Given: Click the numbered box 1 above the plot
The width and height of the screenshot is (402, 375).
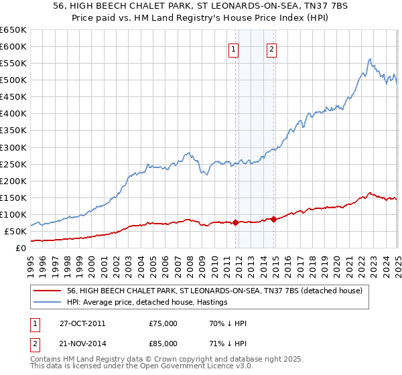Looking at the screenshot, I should [x=233, y=48].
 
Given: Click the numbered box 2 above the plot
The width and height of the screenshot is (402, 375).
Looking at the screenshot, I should [x=272, y=48].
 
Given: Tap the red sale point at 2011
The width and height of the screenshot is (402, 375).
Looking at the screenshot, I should [x=236, y=223].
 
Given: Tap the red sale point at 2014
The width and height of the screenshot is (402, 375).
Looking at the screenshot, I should [x=273, y=219].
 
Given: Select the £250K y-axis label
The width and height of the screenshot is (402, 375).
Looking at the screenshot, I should [x=13, y=164].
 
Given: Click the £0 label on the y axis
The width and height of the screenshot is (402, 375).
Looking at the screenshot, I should [x=21, y=248].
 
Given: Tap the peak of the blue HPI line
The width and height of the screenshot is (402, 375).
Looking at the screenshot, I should [x=369, y=59].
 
